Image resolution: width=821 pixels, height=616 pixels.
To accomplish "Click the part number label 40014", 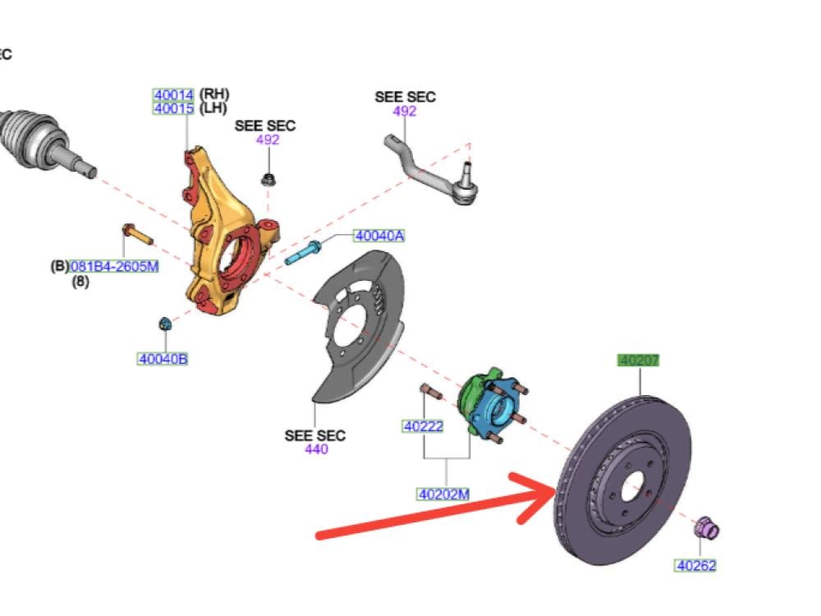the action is (x=174, y=95).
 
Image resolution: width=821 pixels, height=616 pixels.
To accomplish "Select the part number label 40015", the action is (x=174, y=108).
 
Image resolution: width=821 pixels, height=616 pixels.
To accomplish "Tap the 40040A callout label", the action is (x=379, y=236).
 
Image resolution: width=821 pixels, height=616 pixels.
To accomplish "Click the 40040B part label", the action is (x=163, y=359).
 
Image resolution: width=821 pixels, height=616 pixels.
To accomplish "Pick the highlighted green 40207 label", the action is (x=638, y=361).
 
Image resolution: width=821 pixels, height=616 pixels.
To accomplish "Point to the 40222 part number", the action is (x=423, y=426).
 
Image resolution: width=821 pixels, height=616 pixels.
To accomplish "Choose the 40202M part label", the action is (x=443, y=494).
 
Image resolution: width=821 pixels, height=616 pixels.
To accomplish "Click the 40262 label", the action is (x=696, y=566).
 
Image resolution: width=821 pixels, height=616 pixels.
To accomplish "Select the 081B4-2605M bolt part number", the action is (x=113, y=267).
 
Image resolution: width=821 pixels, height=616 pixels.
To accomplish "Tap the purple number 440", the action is (x=316, y=449).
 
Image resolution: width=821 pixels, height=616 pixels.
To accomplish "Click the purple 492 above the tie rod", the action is (x=405, y=111).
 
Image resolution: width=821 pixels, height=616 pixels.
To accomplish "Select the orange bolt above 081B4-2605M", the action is (x=137, y=233).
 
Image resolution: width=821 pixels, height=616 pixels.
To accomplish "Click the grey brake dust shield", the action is (x=358, y=328).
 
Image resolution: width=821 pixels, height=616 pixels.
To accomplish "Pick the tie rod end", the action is (x=432, y=169).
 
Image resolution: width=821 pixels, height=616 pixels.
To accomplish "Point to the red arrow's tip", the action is (x=556, y=490).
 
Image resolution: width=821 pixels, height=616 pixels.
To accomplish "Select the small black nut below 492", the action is (x=268, y=180).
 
